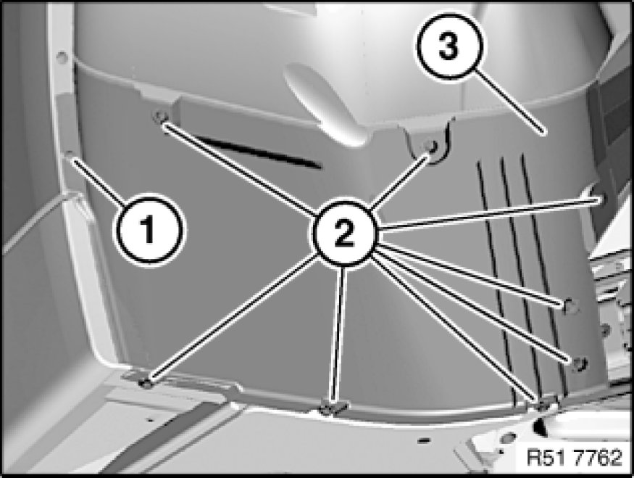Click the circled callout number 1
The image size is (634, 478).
tap(149, 230)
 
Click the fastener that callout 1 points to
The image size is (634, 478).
tap(69, 155)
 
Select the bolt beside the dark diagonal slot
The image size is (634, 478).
tap(159, 117)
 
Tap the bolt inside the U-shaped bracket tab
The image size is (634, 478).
tap(431, 146)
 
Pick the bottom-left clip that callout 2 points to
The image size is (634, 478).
tap(146, 382)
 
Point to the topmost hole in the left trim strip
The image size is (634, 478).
tap(62, 57)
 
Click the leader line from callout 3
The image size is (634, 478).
tap(510, 102)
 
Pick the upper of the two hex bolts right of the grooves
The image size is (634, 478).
tap(570, 305)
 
